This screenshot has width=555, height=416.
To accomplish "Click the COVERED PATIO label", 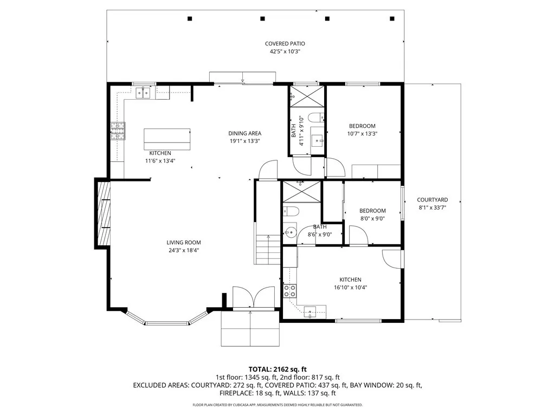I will pos(281,44).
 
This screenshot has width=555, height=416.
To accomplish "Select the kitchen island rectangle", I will pos(167,139).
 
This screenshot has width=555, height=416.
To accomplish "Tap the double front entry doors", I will pos(253,297).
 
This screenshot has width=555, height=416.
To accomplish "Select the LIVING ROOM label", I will pos(184,243).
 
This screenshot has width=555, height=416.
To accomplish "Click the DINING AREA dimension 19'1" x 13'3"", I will pos(244,141).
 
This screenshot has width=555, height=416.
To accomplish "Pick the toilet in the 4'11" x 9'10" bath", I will pos(315,118).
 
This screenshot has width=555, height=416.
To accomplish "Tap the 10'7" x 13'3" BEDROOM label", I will pos(362,126).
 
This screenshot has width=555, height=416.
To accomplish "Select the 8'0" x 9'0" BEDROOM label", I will pos(372,211).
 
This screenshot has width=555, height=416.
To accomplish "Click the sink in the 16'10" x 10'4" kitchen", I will pos(311,311).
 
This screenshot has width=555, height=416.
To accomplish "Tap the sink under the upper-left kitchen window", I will pos(144,93).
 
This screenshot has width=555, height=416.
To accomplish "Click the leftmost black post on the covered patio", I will pos(190,19).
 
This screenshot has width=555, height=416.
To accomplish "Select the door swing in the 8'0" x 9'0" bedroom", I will pos(358,235).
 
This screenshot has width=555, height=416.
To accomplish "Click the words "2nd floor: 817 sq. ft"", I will pos(311,377).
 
